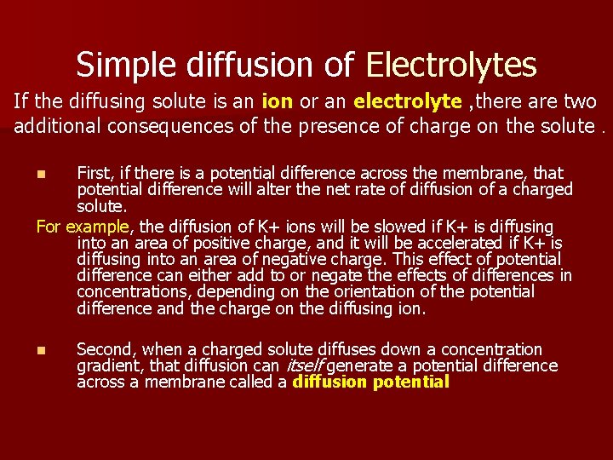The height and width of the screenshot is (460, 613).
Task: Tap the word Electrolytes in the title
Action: click(x=451, y=65)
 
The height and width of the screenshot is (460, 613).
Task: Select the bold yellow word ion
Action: click(x=278, y=101)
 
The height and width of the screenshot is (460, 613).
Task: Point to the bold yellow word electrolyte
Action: click(x=407, y=101)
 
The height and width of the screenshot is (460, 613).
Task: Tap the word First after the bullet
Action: click(x=95, y=174)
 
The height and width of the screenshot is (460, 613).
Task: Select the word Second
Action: click(x=106, y=349)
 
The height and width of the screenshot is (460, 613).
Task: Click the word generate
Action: click(x=358, y=366)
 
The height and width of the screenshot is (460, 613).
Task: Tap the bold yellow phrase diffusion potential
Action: click(x=370, y=382)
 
